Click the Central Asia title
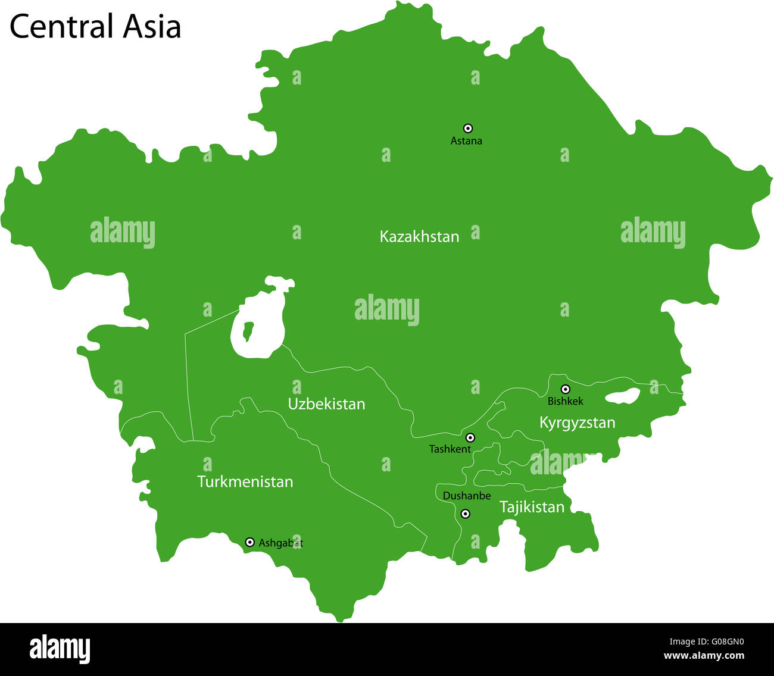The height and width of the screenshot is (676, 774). (x=95, y=27)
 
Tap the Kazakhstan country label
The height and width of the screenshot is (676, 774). (x=419, y=237)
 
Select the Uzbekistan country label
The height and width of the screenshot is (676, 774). (x=326, y=404)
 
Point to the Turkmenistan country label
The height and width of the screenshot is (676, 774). (x=245, y=481)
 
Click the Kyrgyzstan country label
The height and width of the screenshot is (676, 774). (x=577, y=423)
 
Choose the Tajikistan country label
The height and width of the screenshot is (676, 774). (x=532, y=507)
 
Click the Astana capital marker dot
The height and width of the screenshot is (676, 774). (x=468, y=128)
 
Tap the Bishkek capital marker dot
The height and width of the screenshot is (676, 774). (x=566, y=389)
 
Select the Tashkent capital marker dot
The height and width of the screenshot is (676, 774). (x=470, y=437)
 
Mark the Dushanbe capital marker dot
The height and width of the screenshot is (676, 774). (x=466, y=514)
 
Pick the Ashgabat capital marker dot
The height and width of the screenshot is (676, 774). (x=250, y=542)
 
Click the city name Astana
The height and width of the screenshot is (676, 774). (x=466, y=141)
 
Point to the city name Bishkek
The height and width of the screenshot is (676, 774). (x=565, y=401)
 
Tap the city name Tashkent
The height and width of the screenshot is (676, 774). (x=450, y=449)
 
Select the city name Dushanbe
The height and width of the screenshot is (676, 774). (x=467, y=496)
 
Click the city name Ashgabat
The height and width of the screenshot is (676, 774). (x=280, y=543)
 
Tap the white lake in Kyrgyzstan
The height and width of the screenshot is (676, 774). (x=622, y=396)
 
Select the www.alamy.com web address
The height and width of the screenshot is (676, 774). (x=704, y=656)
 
